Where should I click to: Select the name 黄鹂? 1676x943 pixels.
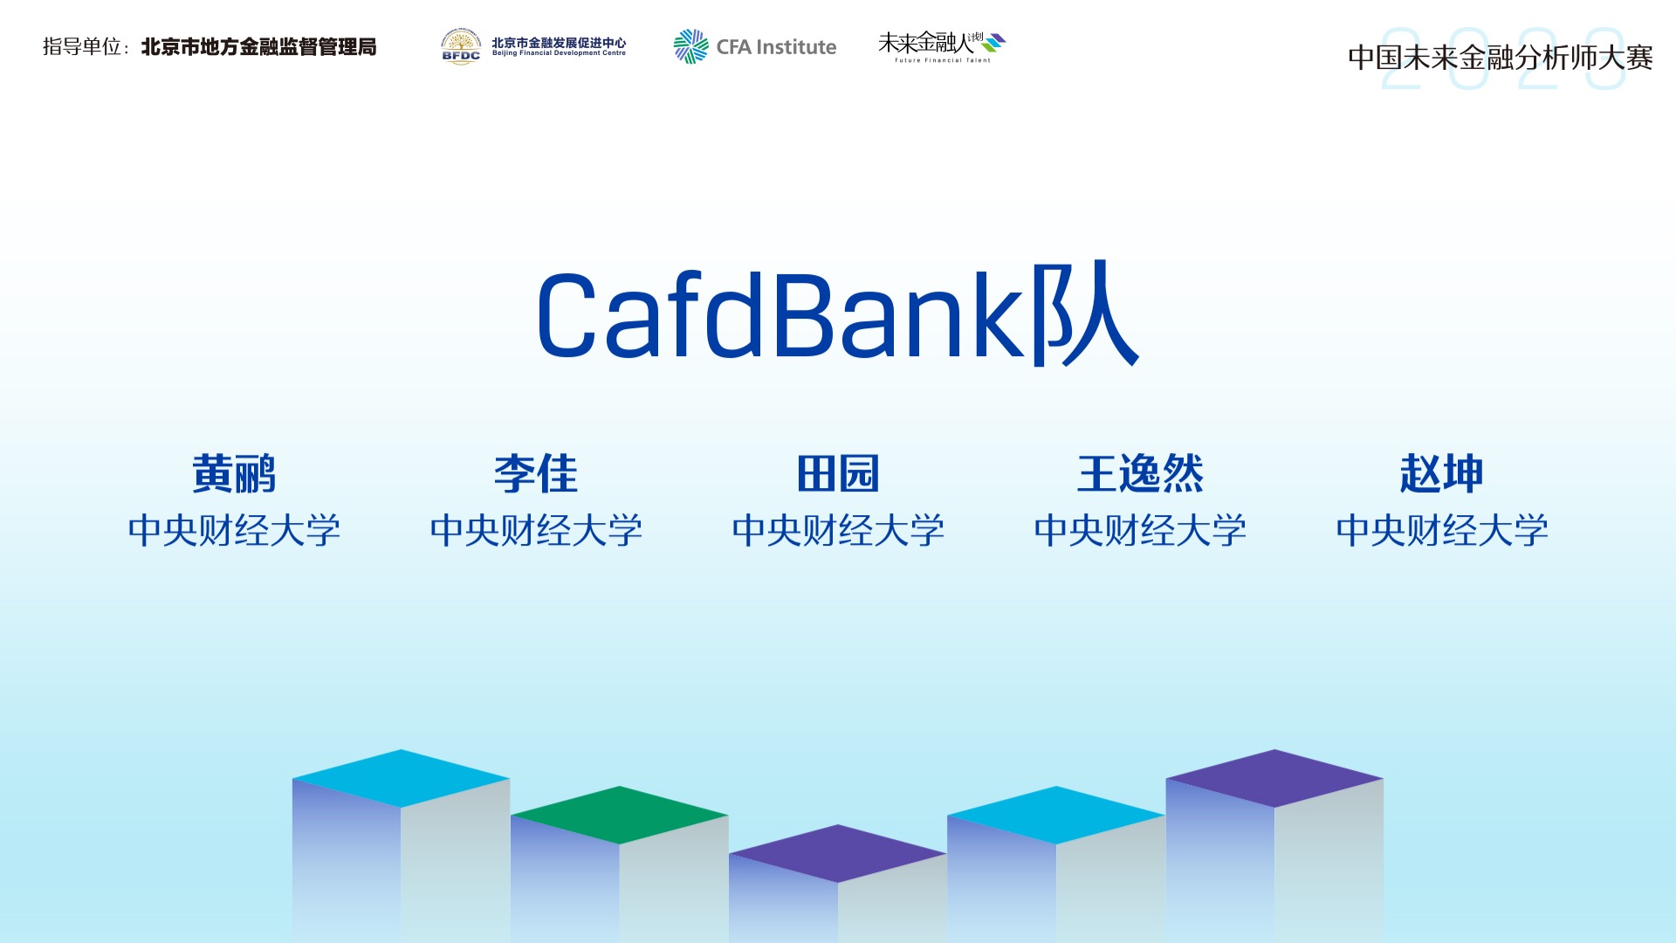[234, 474]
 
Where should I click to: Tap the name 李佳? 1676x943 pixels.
[536, 474]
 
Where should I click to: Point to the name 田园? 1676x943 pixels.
[838, 474]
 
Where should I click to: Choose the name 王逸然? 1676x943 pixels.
[1140, 474]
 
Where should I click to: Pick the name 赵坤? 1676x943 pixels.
[1442, 474]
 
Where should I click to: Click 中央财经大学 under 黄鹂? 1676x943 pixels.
[234, 530]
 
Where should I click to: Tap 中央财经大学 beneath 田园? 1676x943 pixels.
[838, 530]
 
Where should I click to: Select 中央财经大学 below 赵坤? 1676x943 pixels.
[1442, 530]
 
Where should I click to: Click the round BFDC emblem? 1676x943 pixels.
[461, 46]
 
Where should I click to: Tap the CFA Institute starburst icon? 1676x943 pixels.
[690, 46]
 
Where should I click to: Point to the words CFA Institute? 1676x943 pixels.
[776, 47]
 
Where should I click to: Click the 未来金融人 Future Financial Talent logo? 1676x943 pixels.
[942, 46]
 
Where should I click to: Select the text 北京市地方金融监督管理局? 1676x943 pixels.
[259, 47]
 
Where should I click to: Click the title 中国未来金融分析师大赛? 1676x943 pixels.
[1501, 58]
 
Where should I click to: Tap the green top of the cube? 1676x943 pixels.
[620, 815]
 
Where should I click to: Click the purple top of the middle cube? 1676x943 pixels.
[838, 853]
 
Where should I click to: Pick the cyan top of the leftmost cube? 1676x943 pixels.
[402, 778]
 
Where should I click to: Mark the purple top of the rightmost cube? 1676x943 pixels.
[1274, 778]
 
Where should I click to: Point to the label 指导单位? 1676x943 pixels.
[81, 47]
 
